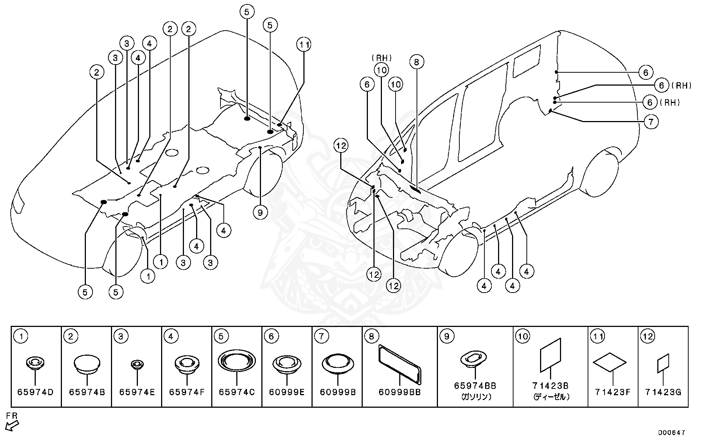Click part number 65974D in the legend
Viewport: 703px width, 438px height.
tap(35, 392)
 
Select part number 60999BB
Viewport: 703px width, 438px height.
tap(400, 392)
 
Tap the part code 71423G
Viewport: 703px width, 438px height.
tap(663, 392)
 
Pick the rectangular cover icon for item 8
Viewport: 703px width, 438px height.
tap(400, 363)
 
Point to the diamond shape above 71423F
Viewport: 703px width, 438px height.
tap(609, 362)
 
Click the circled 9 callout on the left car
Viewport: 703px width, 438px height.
tap(260, 213)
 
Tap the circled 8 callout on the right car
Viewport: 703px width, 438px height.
tap(417, 62)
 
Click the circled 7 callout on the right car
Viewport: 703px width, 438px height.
tap(651, 121)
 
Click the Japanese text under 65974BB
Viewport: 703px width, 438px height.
tap(475, 397)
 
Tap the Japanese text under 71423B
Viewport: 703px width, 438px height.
tap(551, 397)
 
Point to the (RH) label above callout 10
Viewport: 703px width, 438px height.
tap(382, 58)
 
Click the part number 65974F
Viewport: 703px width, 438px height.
tap(187, 392)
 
